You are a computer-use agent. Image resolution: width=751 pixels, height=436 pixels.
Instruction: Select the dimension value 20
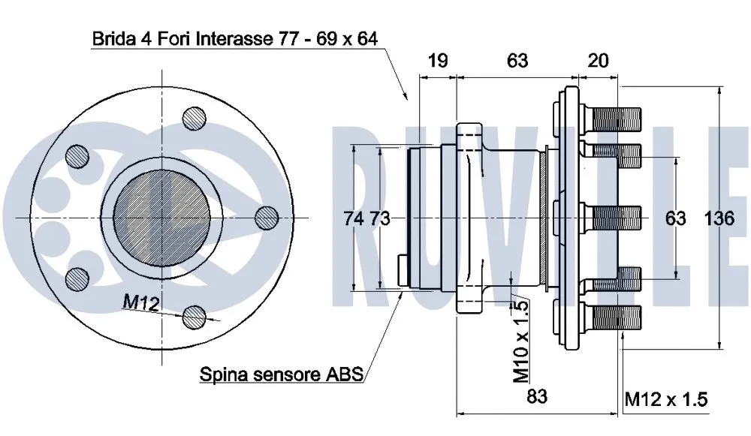pos(598,61)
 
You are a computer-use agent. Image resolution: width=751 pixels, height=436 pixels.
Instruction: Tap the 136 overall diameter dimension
pos(719,218)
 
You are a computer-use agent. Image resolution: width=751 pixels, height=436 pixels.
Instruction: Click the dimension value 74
pos(354,218)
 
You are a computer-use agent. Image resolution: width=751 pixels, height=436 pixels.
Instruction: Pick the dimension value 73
pos(380,218)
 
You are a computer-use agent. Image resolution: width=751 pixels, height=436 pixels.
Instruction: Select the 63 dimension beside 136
pos(676,218)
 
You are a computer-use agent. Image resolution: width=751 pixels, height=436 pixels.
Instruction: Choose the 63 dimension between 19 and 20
pos(517,61)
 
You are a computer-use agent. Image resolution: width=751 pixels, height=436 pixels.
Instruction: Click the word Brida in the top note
pos(112,38)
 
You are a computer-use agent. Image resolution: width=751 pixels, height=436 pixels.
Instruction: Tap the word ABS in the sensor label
pos(346,373)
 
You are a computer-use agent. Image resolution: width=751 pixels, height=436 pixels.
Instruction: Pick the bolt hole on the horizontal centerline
pos(267,218)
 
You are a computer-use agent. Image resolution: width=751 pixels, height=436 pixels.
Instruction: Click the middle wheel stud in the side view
pos(613,218)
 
